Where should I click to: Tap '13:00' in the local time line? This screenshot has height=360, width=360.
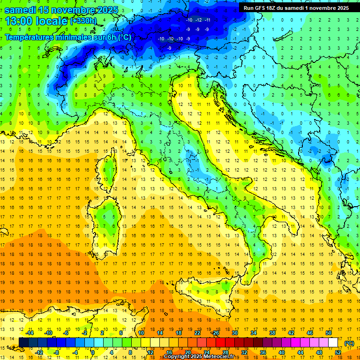pyautogui.click(x=18, y=21)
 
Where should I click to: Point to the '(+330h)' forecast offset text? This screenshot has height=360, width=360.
pyautogui.click(x=83, y=21)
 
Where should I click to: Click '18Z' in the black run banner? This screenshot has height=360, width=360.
pyautogui.click(x=273, y=8)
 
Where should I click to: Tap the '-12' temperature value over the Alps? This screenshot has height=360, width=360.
pyautogui.click(x=198, y=20)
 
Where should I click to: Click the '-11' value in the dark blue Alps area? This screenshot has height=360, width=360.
pyautogui.click(x=207, y=20)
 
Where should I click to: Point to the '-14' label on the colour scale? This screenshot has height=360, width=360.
pyautogui.click(x=30, y=333)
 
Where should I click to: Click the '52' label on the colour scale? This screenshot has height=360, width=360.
pyautogui.click(x=338, y=352)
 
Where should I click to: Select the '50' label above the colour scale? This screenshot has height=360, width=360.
pyautogui.click(x=329, y=333)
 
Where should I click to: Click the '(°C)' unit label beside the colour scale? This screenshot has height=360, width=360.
pyautogui.click(x=349, y=343)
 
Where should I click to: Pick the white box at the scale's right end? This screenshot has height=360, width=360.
pyautogui.click(x=333, y=343)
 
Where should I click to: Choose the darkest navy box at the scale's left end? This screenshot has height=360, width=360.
pyautogui.click(x=23, y=343)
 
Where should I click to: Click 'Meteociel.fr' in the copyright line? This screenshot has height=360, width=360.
pyautogui.click(x=218, y=357)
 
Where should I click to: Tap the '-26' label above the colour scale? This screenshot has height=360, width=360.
pyautogui.click(x=215, y=333)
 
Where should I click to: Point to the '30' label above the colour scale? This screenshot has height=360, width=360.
pyautogui.click(x=234, y=333)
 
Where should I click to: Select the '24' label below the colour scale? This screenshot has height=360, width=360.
pyautogui.click(x=206, y=352)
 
